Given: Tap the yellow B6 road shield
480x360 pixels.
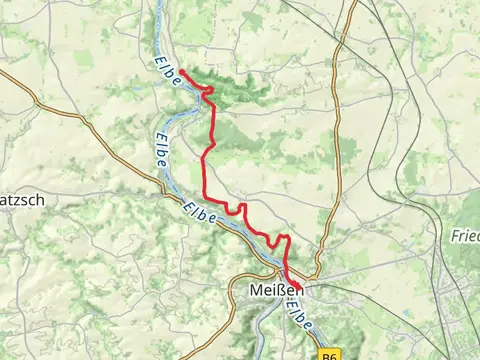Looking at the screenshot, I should (x=331, y=353).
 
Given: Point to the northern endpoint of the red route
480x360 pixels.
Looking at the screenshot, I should (x=181, y=71).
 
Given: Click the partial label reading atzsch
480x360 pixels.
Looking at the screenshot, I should (x=17, y=199).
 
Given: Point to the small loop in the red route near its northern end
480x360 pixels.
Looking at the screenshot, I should (x=207, y=91).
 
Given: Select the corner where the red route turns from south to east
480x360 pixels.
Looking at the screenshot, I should (x=205, y=194).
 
